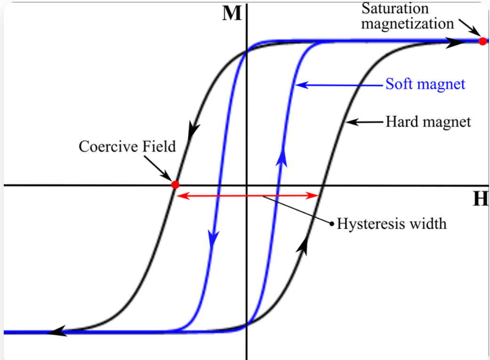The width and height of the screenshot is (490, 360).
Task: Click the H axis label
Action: pos(481,199)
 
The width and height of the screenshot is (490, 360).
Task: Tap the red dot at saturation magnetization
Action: pos(482,41)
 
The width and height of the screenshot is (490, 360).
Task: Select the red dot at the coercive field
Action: pos(175,185)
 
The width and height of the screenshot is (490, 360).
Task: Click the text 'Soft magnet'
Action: pos(425,85)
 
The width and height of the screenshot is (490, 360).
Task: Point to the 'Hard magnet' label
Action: pos(428,122)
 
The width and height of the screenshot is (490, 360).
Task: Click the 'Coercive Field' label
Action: pos(127,147)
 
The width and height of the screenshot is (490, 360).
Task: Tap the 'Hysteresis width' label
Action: pos(391,223)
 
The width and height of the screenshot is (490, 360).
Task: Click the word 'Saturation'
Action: pos(395,8)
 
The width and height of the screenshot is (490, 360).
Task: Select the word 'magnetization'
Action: pos(407,23)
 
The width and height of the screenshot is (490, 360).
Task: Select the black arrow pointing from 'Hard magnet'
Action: pos(349,122)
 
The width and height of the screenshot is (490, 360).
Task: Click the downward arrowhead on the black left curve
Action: pos(193,129)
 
